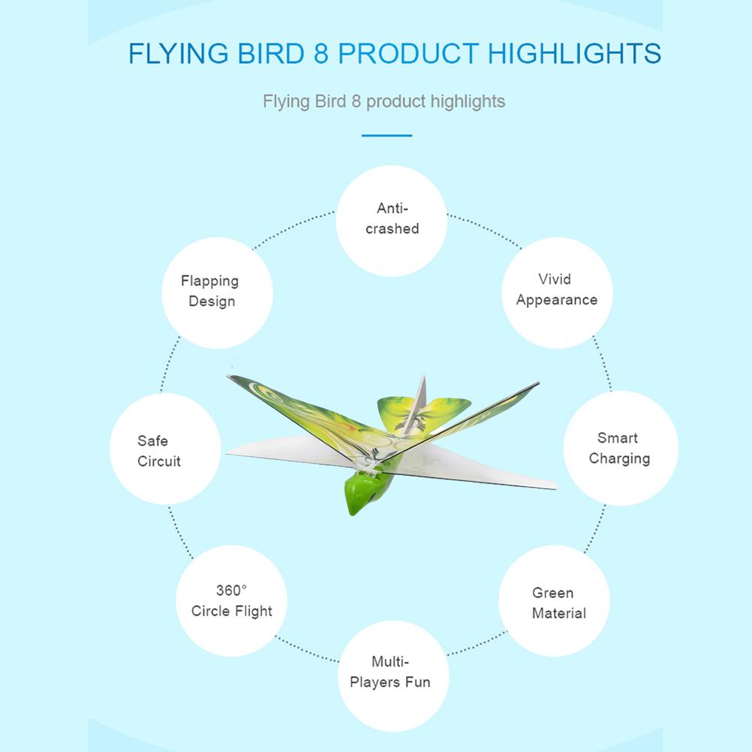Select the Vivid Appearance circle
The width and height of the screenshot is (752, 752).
click(x=557, y=292)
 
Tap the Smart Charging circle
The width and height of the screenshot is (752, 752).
click(x=620, y=448)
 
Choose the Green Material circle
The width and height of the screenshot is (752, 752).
click(x=555, y=603)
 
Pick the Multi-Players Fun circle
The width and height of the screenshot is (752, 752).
click(x=390, y=672)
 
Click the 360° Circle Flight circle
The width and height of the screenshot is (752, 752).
click(x=231, y=600)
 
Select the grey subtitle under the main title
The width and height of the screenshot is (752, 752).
click(x=384, y=101)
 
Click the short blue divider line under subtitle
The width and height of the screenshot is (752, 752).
click(x=387, y=136)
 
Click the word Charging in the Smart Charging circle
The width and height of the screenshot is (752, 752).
click(x=619, y=459)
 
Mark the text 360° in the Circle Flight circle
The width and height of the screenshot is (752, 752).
click(x=231, y=591)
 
